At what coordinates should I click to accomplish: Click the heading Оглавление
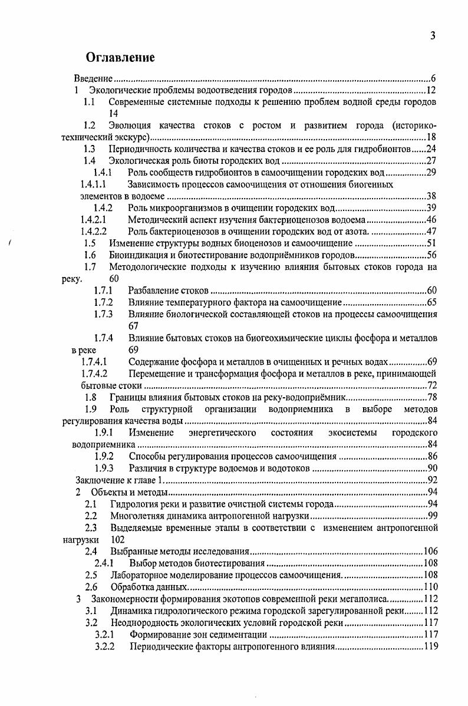click(x=120, y=57)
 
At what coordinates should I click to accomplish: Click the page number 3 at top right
click(x=433, y=36)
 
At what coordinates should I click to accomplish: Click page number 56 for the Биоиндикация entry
click(x=431, y=255)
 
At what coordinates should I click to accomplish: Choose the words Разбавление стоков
click(x=168, y=291)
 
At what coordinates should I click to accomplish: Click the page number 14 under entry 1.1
click(x=114, y=113)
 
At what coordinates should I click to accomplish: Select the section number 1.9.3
click(x=104, y=469)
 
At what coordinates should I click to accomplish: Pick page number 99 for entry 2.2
click(x=431, y=516)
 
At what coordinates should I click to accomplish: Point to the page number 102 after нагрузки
click(x=117, y=539)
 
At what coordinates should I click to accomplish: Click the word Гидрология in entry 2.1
click(x=132, y=504)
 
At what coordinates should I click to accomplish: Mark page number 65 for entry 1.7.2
click(x=431, y=302)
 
